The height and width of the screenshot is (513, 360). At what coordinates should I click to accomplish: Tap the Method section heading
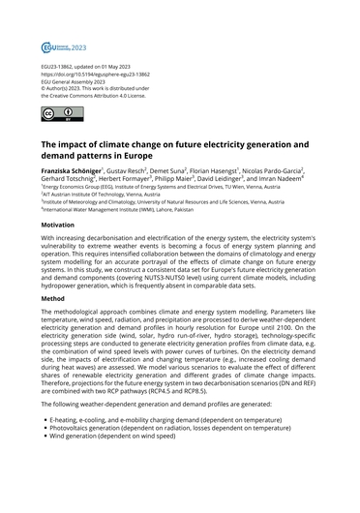pyautogui.click(x=56, y=300)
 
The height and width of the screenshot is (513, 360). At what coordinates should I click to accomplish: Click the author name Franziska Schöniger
pyautogui.click(x=73, y=168)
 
